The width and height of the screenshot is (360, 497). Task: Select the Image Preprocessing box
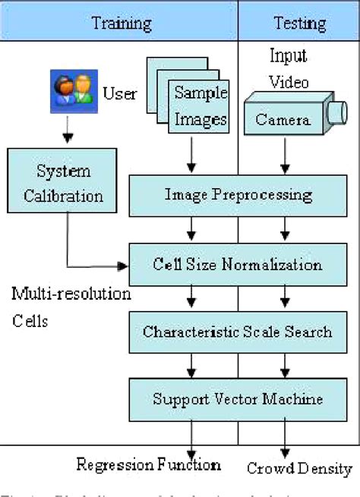pos(238,195)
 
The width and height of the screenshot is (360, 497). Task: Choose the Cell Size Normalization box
pos(238,265)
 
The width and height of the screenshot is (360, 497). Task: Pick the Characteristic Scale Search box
pos(238,332)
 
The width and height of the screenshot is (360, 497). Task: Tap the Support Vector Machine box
pos(238,398)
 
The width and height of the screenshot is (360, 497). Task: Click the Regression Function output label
pos(149,464)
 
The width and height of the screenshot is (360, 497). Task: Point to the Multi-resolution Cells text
pos(71,306)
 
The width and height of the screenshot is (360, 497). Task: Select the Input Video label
pos(289,68)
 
